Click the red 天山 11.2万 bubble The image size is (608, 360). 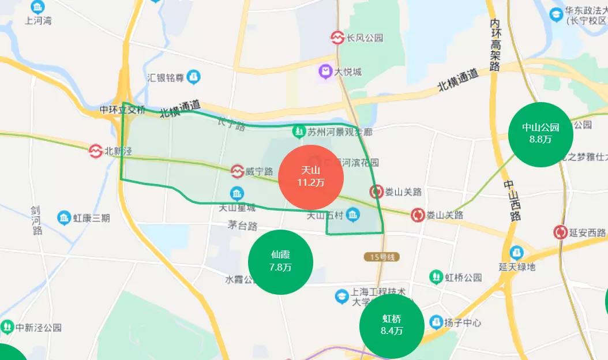pos(311,177)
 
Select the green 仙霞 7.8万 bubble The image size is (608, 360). pos(280,261)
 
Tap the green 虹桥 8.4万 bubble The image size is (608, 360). pos(392,325)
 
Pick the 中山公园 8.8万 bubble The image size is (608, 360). pos(541,134)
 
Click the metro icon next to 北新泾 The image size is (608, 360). pos(95,151)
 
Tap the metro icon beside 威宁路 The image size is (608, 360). pos(237,171)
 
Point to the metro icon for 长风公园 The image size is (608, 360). pos(337,38)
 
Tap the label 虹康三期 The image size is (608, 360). pos(91,218)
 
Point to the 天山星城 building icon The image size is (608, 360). pos(237,193)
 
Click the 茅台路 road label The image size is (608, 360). pos(242,226)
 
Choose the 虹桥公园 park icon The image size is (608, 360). pos(436,277)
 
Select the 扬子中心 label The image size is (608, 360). pos(462,322)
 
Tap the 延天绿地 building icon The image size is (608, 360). pos(516,253)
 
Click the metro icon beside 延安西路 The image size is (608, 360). pos(560,232)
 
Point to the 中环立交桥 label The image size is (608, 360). pos(122,110)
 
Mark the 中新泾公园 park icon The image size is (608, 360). pos(7,327)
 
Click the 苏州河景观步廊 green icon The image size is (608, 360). pos(299,132)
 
